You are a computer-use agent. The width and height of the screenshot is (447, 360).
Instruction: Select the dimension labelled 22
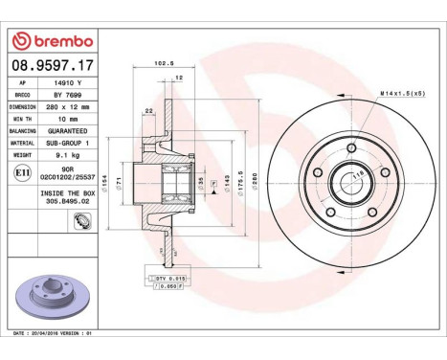click(149, 112)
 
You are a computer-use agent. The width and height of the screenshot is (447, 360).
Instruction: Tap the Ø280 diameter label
click(255, 180)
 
